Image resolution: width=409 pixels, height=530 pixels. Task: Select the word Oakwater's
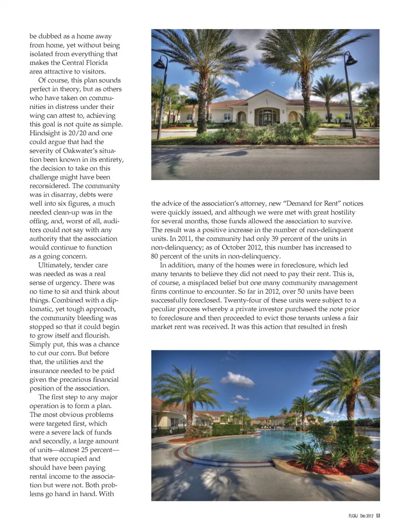point(81,151)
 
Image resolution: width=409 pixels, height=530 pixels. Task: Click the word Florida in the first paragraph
point(96,63)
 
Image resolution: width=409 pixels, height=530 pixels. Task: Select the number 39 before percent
point(276,238)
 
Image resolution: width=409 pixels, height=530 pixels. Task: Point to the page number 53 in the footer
point(378,516)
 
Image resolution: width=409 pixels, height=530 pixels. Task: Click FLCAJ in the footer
point(353,516)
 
